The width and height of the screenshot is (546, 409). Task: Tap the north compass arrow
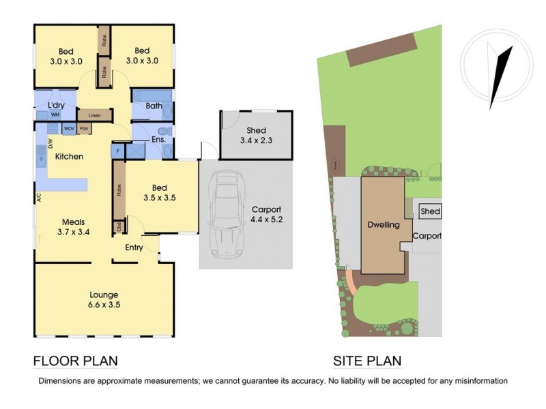point(500,76)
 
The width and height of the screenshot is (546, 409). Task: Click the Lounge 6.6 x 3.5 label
point(104,300)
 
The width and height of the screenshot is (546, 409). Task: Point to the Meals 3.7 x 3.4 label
point(74,226)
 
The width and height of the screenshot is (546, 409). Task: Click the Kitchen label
point(69,157)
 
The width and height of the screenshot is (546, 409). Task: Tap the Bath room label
point(154,106)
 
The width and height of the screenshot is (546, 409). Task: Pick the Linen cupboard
point(94,115)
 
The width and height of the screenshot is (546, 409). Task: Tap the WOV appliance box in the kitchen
point(70,128)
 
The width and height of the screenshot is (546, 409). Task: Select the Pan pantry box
point(84,128)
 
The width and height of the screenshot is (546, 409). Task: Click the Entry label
point(134,247)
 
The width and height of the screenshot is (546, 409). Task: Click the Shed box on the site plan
point(430,211)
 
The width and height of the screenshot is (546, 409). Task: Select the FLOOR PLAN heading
point(76,361)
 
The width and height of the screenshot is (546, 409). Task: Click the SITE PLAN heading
point(367,361)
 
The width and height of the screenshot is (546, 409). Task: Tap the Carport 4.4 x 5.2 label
point(266,215)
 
